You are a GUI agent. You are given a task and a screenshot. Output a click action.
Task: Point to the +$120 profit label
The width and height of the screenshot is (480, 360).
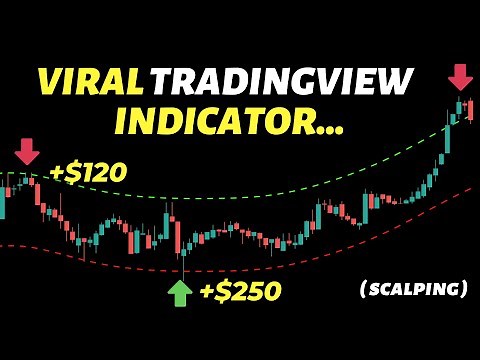[x=88, y=171]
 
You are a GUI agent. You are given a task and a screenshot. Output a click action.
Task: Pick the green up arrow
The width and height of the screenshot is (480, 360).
[x=179, y=293]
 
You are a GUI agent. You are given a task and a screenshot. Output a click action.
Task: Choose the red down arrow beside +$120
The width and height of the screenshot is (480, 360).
[x=26, y=151]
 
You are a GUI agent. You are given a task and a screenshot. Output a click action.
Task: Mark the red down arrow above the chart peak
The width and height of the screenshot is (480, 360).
[x=460, y=78]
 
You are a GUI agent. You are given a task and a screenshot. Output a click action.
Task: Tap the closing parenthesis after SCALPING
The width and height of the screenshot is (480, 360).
[x=465, y=289]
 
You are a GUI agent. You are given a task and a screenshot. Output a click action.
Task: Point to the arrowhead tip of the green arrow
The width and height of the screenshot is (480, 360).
[x=179, y=283]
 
